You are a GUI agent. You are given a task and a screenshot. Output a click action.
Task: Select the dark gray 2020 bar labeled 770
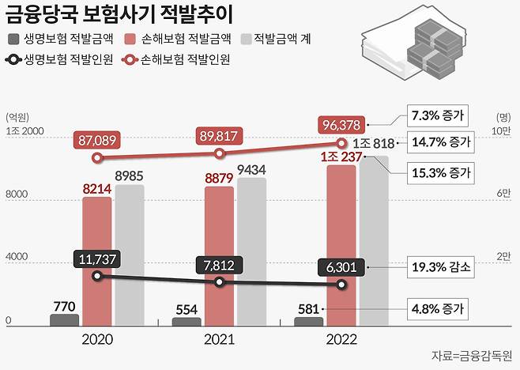[65, 319]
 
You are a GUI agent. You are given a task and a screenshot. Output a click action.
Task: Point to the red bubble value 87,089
[96, 140]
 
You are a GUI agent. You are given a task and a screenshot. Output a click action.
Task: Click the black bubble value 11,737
[96, 259]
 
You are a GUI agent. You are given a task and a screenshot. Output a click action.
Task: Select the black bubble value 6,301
[341, 267]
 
